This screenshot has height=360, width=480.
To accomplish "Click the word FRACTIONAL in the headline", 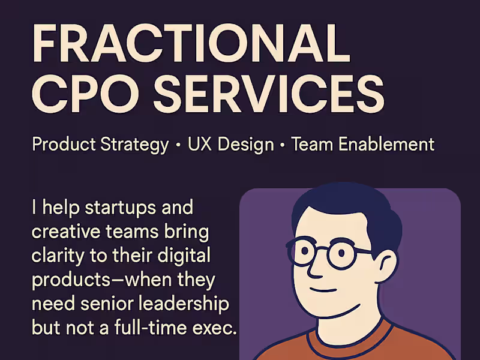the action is click(x=191, y=43).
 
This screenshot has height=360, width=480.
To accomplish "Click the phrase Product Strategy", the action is click(x=100, y=145).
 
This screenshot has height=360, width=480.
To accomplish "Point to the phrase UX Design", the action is click(x=230, y=145).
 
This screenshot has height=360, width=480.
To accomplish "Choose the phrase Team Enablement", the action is click(x=363, y=144).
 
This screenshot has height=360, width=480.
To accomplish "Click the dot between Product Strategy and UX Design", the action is click(x=178, y=145).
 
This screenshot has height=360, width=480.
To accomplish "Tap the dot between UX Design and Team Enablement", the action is click(x=282, y=145).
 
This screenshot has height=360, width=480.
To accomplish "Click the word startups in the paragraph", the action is click(x=121, y=208).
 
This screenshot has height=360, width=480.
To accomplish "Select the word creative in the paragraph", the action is click(x=66, y=232).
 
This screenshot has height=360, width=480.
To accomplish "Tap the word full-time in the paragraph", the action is click(x=151, y=327).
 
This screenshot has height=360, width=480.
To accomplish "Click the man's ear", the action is click(x=386, y=266).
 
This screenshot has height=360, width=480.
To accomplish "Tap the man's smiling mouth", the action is click(x=323, y=290).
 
